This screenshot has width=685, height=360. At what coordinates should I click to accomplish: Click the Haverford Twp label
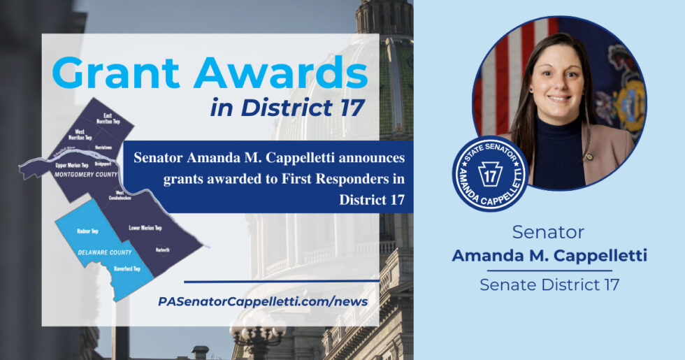coord(127,268)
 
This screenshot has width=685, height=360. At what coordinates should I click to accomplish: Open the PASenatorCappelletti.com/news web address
coord(263,301)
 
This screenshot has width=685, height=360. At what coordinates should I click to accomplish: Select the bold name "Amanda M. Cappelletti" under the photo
coord(549,256)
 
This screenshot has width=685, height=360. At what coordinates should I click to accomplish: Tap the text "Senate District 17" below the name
coord(549,285)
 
